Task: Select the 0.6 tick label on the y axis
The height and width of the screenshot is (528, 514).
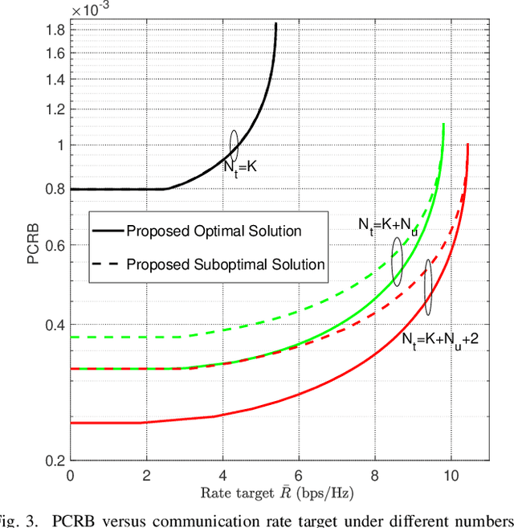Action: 55,245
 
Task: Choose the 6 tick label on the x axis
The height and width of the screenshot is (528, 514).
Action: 299,475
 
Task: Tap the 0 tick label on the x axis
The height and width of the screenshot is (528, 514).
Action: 71,475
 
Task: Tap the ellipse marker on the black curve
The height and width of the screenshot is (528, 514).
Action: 234,144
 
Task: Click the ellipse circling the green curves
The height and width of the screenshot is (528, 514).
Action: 397,261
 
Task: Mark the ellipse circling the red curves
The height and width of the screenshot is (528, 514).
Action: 427,287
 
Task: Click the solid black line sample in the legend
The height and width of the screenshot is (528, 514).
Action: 109,231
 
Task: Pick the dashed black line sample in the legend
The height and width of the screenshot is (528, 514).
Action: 109,264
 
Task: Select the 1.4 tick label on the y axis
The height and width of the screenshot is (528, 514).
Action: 55,80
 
